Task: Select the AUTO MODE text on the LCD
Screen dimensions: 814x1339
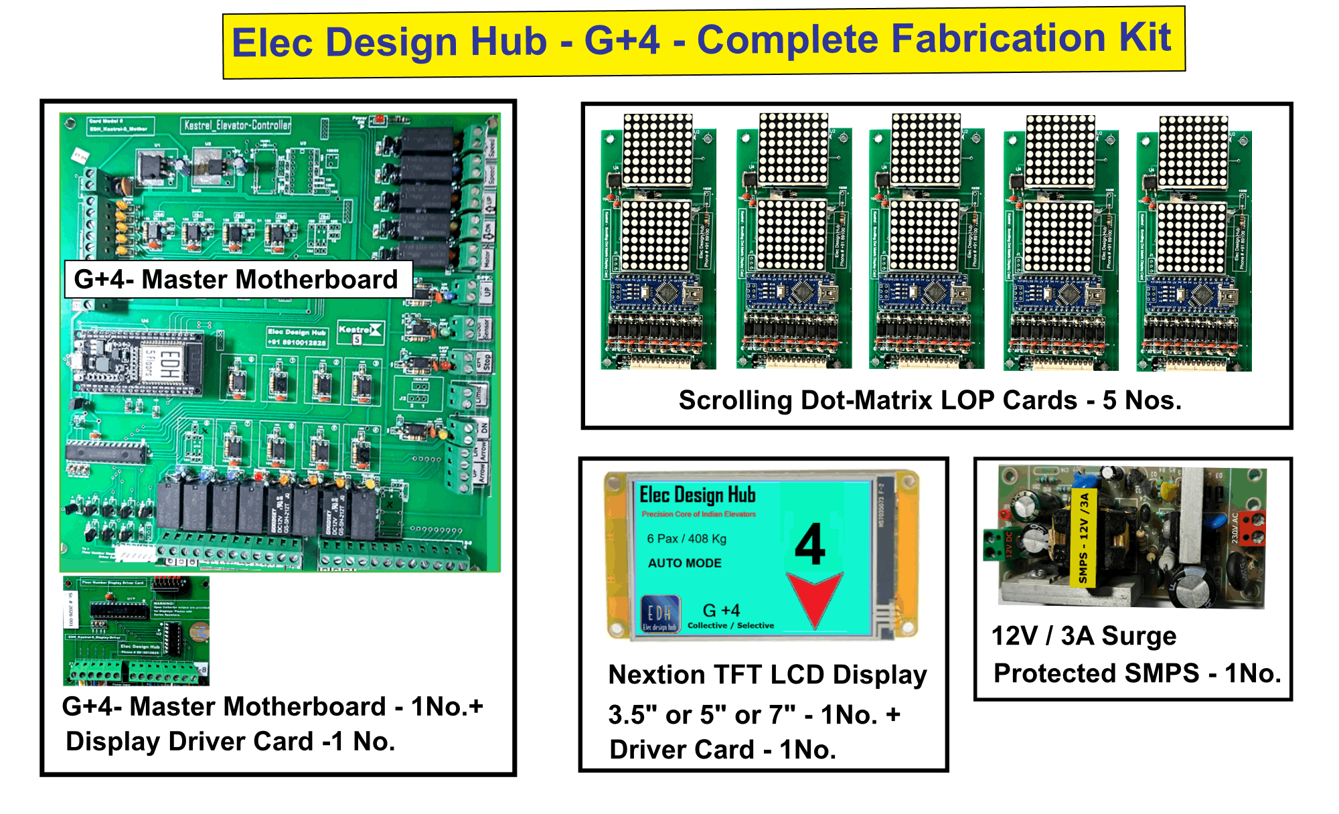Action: [684, 563]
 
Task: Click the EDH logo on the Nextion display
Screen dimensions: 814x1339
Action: [660, 613]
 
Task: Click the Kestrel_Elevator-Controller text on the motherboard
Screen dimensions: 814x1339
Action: [238, 125]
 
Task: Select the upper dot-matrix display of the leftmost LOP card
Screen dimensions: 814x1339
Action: [657, 150]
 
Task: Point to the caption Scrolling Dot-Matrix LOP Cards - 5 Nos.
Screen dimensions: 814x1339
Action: [930, 400]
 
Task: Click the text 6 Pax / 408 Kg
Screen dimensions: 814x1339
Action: [686, 539]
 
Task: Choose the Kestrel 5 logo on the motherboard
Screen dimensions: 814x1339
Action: [360, 333]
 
